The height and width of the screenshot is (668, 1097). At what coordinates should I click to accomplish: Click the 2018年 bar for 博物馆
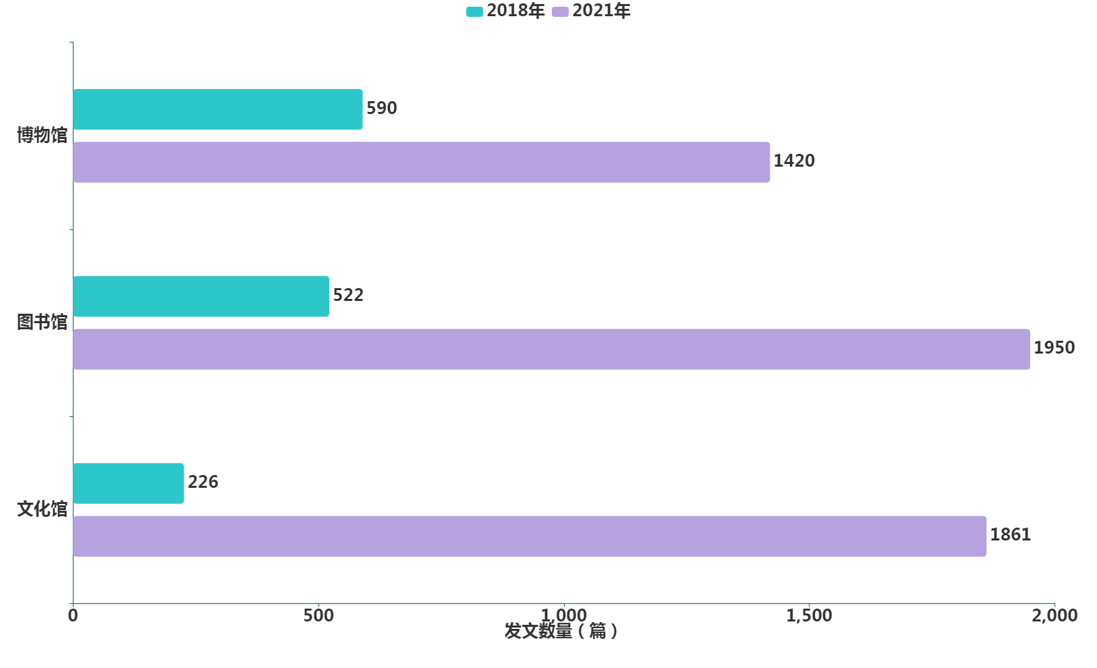point(217,109)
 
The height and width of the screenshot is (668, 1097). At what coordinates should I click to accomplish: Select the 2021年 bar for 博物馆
point(421,162)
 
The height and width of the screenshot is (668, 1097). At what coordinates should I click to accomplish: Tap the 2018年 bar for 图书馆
point(201,296)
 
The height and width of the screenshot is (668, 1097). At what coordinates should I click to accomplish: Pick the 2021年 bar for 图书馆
point(551,349)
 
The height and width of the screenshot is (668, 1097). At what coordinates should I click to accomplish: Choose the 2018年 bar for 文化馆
point(128,483)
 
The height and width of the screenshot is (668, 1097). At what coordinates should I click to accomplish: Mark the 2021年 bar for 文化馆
point(530,536)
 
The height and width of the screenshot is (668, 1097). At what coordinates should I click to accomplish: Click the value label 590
point(381,108)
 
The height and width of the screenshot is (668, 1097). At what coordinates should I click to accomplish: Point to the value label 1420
point(793,161)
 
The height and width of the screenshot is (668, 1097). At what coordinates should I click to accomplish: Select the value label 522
point(348,295)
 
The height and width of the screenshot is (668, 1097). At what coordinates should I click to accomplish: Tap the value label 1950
point(1054,347)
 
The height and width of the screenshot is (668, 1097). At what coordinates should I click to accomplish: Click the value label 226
point(202,482)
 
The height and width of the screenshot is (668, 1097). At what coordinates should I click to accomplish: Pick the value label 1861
point(1010,534)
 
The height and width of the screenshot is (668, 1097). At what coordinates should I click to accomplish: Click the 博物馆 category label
point(43,135)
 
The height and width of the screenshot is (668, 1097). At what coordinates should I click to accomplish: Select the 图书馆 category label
point(43,322)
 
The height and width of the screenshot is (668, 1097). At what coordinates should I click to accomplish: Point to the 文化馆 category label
point(43,509)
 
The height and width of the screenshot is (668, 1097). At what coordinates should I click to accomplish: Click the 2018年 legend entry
point(506,11)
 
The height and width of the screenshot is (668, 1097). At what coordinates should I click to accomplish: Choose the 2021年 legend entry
point(592,11)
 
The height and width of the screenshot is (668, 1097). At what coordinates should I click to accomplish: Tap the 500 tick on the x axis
point(318,615)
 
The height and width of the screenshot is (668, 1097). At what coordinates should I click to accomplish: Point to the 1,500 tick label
point(809,615)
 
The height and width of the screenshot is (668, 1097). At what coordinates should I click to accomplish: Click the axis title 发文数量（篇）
point(561,632)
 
